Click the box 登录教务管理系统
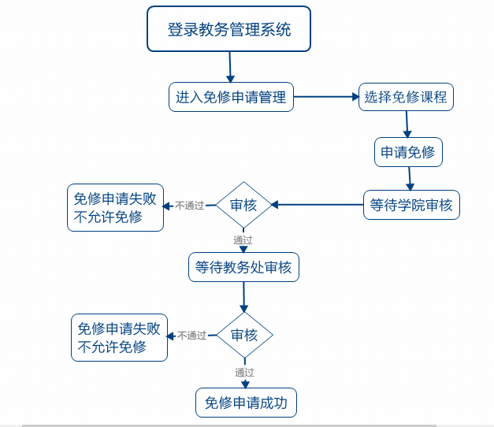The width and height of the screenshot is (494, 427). [228, 29]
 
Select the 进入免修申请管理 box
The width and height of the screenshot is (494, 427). [231, 98]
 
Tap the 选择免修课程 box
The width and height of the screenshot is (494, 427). [406, 98]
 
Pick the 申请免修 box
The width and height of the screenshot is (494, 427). [407, 152]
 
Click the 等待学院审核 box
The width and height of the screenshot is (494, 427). [411, 205]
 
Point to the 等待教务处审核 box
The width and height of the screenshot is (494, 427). [243, 268]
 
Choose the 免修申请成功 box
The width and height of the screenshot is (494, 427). [246, 403]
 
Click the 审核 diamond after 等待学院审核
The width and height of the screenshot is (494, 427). [243, 205]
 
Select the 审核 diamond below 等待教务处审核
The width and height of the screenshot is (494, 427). [244, 335]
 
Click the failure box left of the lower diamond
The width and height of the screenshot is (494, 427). [119, 338]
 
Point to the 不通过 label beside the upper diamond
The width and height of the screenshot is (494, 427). [189, 206]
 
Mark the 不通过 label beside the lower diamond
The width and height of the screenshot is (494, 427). [191, 336]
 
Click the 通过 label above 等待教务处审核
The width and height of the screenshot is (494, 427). [243, 239]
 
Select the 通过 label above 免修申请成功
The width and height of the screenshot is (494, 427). [244, 372]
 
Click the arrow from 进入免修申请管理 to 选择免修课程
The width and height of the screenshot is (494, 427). [326, 98]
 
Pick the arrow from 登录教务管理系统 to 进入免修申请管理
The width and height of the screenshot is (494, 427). [230, 67]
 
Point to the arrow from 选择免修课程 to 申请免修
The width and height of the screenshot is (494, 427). [407, 124]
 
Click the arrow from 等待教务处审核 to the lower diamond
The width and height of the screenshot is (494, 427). [243, 296]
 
